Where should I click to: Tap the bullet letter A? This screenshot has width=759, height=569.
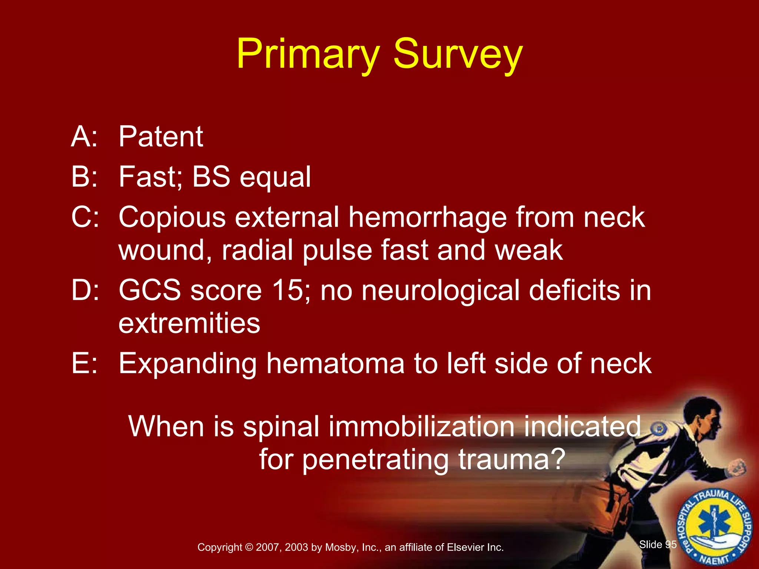point(84,137)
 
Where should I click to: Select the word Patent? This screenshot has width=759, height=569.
point(161,137)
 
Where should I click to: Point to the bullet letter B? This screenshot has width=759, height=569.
point(84,177)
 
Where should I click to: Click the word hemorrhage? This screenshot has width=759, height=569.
point(427,218)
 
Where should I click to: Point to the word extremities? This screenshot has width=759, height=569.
point(189,323)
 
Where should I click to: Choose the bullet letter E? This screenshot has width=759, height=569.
point(84,364)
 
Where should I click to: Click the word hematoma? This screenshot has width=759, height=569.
point(335,364)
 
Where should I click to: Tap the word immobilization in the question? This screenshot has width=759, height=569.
point(421,427)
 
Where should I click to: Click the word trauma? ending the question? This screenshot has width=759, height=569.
point(511,459)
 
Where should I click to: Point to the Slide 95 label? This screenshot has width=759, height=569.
point(658,545)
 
